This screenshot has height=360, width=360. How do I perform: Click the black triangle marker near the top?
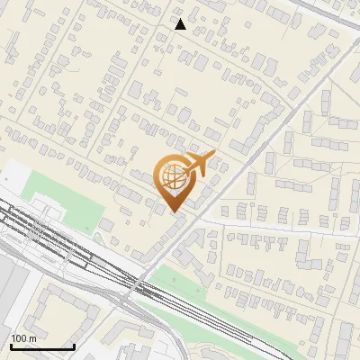click(181, 24)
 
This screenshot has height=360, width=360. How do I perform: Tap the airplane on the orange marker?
click(199, 165)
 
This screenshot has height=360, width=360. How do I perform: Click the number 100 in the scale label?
click(18, 338)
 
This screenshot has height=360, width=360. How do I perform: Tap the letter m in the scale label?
click(32, 338)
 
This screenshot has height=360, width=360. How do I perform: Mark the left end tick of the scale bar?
click(11, 346)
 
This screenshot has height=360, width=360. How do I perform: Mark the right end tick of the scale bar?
click(74, 346)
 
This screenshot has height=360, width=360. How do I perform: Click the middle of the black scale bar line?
click(42, 347)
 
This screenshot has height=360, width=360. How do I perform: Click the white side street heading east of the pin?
click(270, 224)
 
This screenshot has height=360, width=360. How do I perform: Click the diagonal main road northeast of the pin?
click(270, 126)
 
